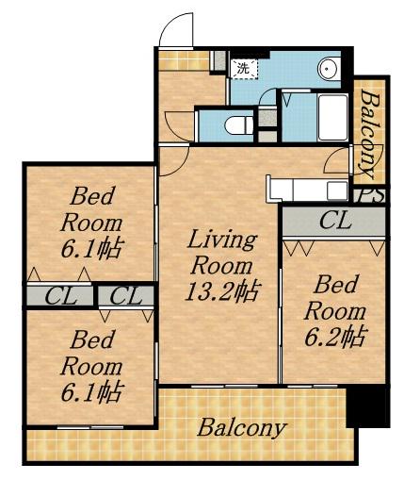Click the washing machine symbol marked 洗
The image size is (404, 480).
245,69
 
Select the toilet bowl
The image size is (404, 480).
239,126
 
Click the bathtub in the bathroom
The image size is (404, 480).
333,117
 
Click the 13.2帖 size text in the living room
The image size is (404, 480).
222,291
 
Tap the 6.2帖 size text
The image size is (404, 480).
335,337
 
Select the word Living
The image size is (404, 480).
222,240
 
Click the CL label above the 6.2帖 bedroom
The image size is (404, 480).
335,221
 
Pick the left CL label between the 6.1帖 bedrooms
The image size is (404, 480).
61,296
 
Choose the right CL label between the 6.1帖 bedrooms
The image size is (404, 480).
126,296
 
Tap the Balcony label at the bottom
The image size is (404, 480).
242,428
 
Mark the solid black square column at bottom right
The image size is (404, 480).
367,407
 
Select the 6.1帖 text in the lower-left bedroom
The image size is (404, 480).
91,393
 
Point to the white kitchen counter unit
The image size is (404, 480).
307,189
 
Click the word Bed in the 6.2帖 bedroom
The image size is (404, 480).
335,285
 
